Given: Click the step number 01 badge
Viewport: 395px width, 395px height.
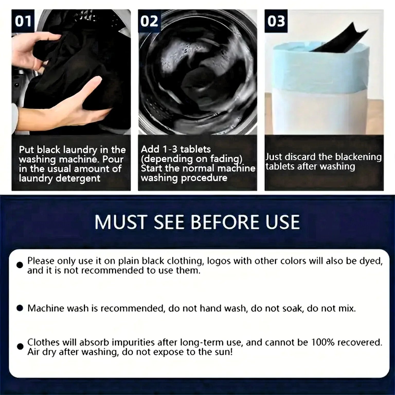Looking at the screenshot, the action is [x=23, y=21].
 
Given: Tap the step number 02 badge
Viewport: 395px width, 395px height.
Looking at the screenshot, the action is [x=149, y=21].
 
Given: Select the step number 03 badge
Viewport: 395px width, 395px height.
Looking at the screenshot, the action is [x=276, y=21].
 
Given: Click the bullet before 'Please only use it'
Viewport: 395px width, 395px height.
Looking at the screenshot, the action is [x=20, y=265].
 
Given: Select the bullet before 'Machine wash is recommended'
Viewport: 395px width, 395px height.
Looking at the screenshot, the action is [x=20, y=308].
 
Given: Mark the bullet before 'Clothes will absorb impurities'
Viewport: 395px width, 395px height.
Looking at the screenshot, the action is [x=20, y=347].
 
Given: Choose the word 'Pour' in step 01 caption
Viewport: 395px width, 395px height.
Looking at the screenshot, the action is [x=113, y=159].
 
